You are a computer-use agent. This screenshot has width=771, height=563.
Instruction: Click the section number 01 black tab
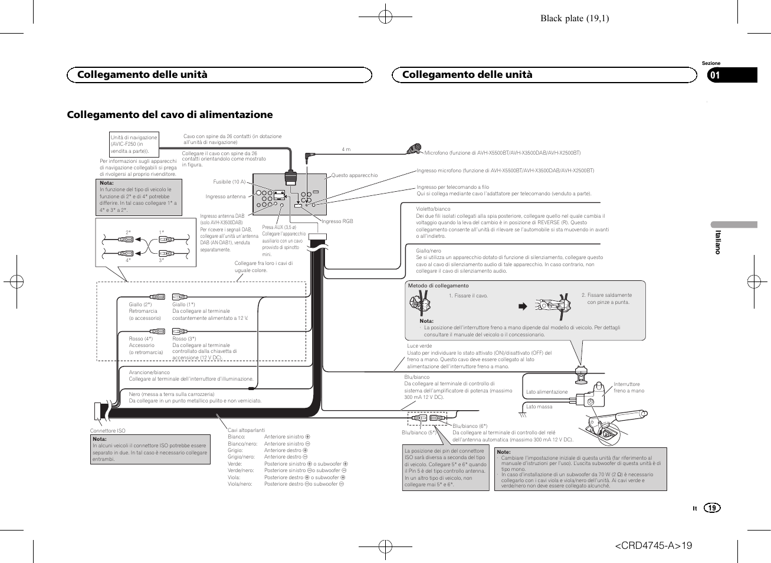[x=731, y=75]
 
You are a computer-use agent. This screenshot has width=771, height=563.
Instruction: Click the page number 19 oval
[x=713, y=508]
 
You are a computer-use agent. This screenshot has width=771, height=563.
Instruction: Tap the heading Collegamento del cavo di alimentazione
[x=170, y=114]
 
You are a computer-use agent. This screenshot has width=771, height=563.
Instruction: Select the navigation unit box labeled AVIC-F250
[x=134, y=145]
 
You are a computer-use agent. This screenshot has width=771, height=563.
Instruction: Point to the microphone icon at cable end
[x=415, y=149]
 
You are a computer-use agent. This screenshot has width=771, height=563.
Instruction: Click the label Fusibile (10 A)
[x=229, y=182]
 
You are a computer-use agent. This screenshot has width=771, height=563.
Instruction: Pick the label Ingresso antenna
[x=225, y=197]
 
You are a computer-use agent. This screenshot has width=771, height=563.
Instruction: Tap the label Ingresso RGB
[x=337, y=221]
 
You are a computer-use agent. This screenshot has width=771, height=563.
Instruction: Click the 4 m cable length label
[x=346, y=149]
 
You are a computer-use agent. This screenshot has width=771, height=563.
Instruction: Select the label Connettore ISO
[x=107, y=431]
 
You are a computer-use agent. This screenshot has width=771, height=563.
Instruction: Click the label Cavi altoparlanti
[x=247, y=430]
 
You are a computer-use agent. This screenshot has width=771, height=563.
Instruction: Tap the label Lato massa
[x=539, y=407]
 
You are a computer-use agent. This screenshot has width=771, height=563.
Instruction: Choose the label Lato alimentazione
[x=547, y=392]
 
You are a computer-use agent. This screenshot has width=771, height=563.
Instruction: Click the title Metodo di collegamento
[x=438, y=286]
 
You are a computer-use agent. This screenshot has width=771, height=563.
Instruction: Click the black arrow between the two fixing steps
[x=522, y=306]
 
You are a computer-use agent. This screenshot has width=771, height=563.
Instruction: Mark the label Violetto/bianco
[x=433, y=209]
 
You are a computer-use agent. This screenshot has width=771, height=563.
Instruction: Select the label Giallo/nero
[x=428, y=251]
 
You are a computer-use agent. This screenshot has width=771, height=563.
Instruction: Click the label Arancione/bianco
[x=149, y=372]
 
